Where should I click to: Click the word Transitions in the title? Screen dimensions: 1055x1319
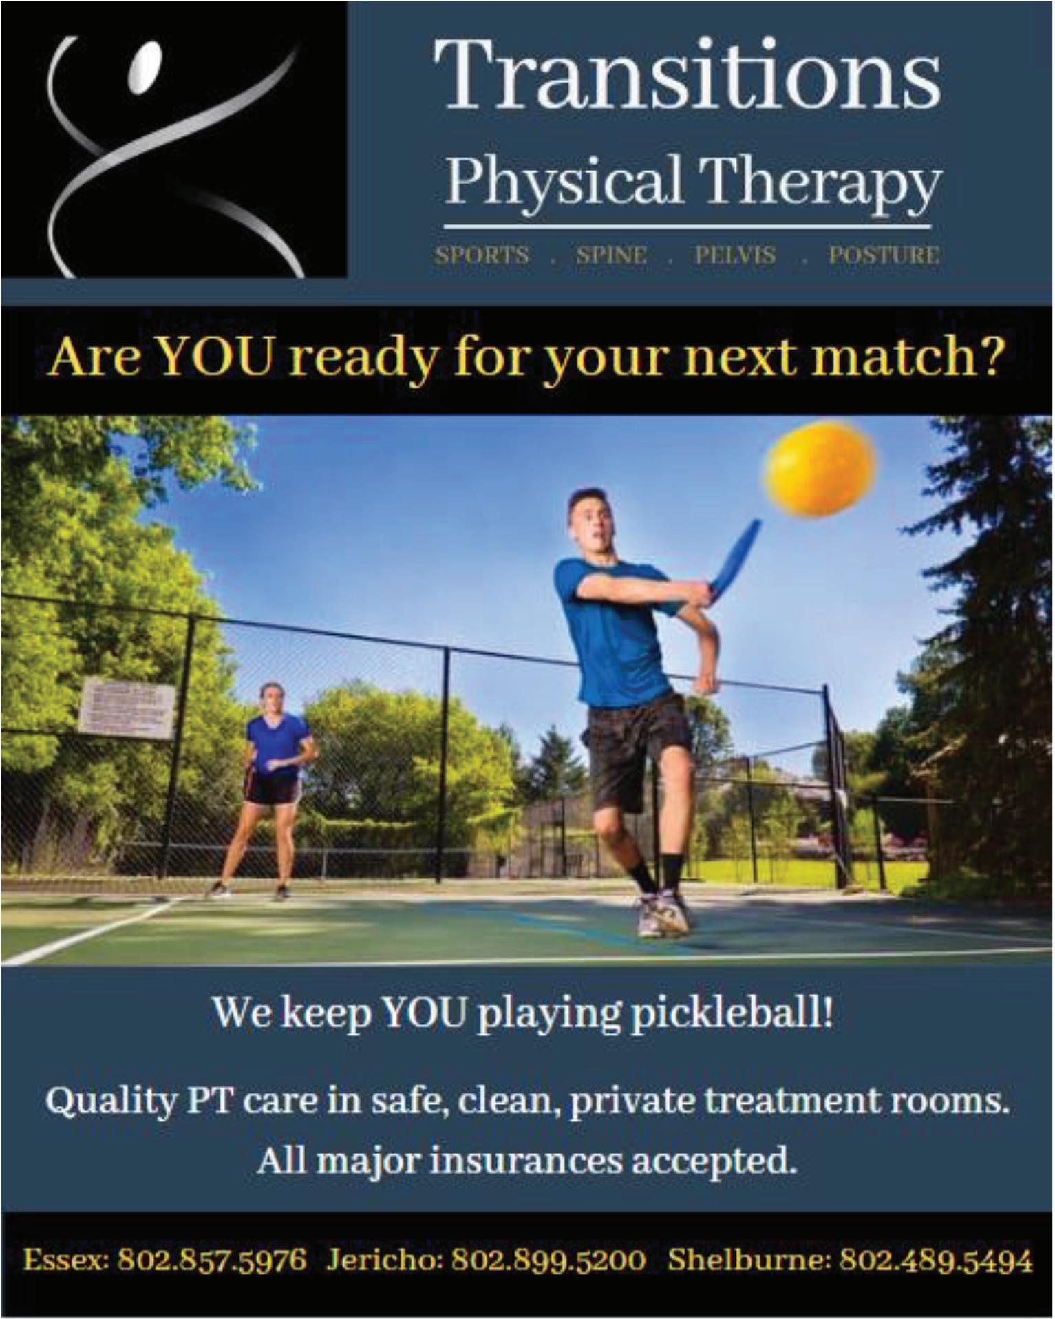click(x=688, y=74)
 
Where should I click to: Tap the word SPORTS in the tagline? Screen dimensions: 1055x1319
click(x=482, y=255)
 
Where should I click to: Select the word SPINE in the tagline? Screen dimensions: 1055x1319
click(x=612, y=255)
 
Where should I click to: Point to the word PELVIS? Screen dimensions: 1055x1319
click(x=735, y=255)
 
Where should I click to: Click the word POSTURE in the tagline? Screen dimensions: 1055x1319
click(x=884, y=255)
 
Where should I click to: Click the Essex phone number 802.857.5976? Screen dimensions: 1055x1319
click(x=212, y=1260)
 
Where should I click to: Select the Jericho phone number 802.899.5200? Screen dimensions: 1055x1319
click(x=548, y=1260)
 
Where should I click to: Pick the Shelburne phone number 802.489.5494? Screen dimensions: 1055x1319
click(x=937, y=1260)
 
